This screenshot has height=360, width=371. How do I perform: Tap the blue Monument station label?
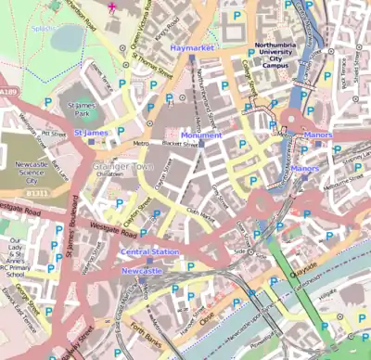(x=201, y=135)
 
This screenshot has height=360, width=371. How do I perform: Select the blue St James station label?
(x=91, y=134)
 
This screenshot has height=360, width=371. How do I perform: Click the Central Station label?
(x=148, y=251)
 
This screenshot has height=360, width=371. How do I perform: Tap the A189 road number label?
(x=7, y=68)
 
